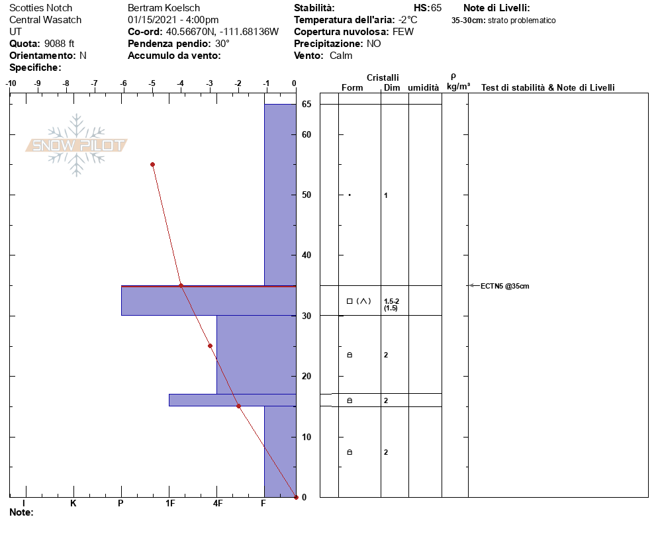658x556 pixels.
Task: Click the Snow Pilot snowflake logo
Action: [76, 145]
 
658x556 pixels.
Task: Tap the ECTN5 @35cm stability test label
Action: [505, 286]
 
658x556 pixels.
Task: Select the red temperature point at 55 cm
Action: [153, 165]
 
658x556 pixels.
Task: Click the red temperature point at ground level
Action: [296, 497]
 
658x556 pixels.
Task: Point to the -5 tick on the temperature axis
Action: [152, 83]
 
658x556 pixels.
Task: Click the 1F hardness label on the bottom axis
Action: [170, 503]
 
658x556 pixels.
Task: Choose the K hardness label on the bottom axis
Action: [73, 503]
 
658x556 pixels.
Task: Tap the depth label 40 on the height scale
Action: [306, 255]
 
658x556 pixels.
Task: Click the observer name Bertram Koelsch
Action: [164, 8]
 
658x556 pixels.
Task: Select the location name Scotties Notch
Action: [40, 8]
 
